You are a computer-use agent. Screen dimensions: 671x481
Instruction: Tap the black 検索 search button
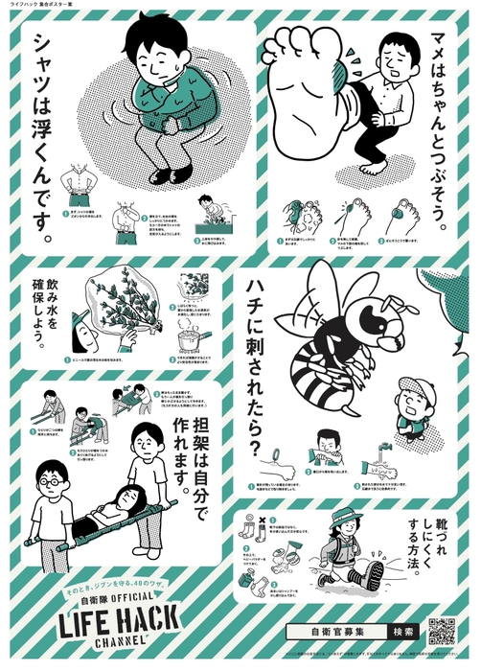402,632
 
